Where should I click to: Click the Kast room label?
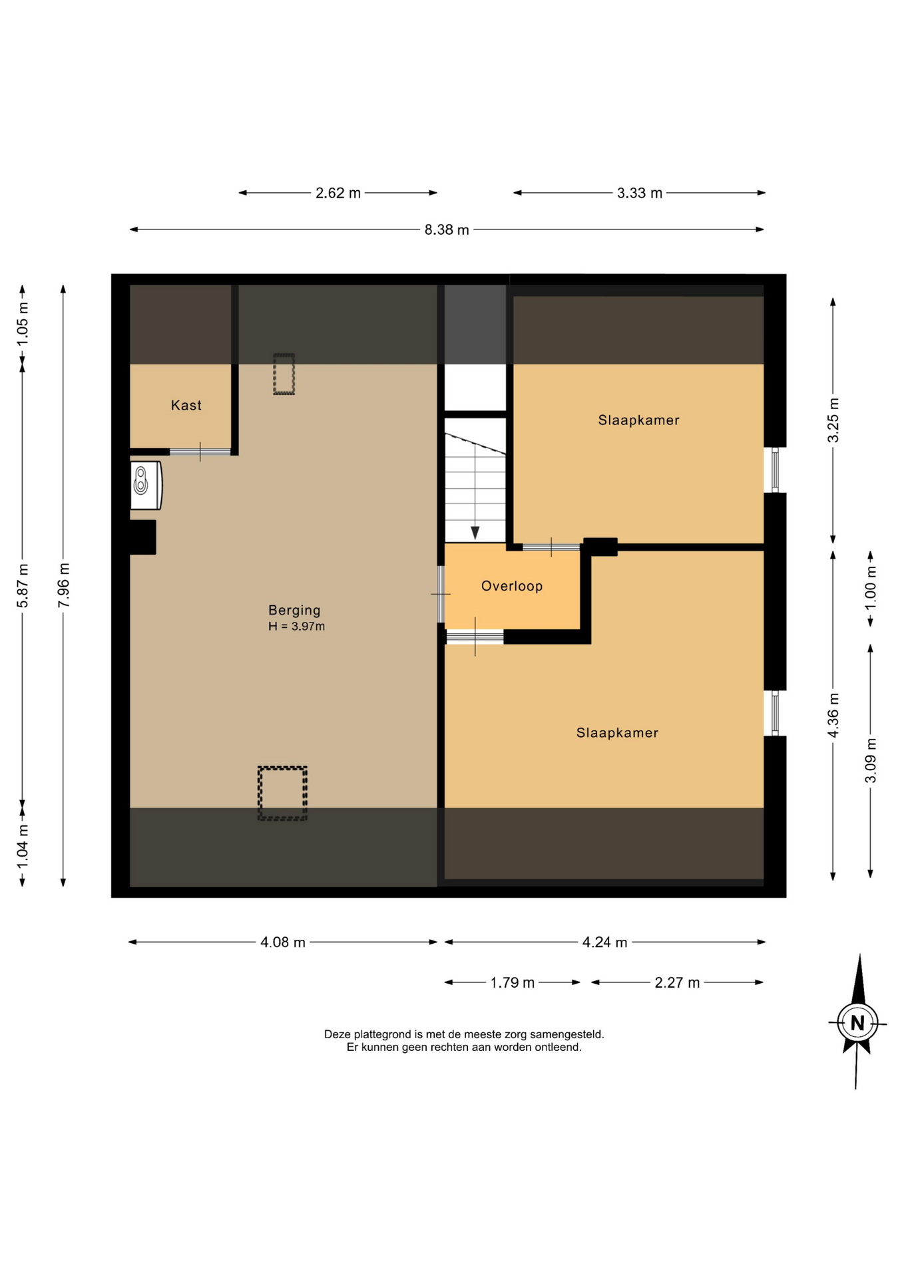186,405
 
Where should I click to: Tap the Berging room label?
294,610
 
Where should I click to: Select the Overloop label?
512,586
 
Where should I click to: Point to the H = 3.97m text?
296,627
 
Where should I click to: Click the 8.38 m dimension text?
447,230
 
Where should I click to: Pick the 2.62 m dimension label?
338,194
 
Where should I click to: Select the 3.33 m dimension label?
640,194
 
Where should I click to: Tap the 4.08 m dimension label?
283,942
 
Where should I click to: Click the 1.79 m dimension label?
513,983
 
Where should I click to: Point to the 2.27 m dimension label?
677,983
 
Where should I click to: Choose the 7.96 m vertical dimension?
64,585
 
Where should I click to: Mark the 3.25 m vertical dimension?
833,420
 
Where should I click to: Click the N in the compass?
857,1023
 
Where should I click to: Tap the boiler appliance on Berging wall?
146,485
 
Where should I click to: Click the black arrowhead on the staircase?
475,533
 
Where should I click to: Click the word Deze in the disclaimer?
338,1034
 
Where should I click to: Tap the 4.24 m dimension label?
604,942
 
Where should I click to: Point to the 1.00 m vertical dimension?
870,587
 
